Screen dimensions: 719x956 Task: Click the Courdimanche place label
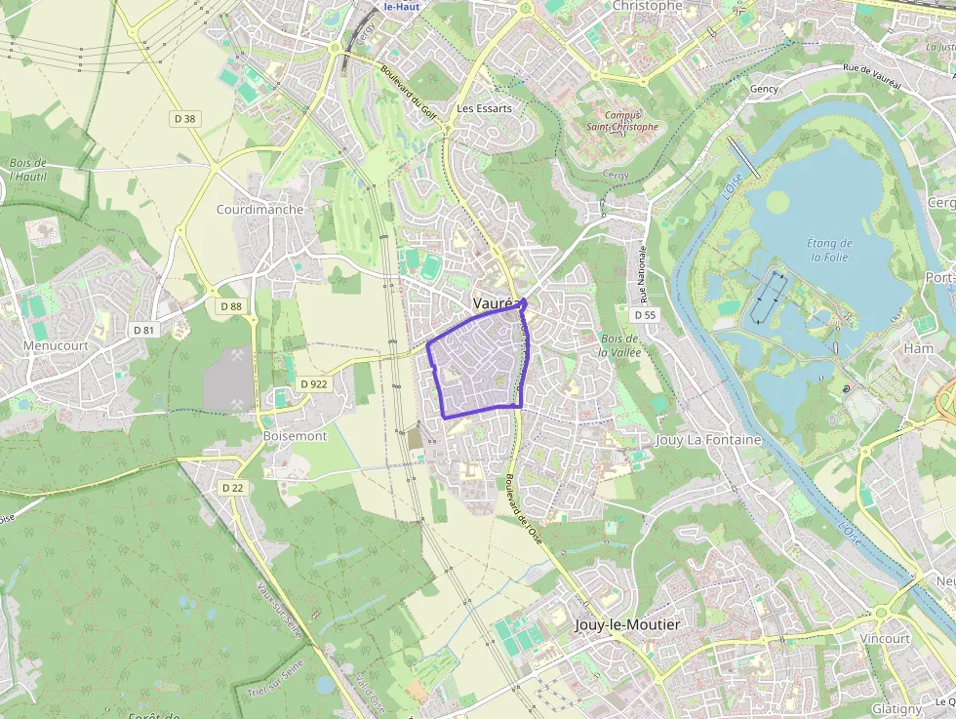tap(259, 210)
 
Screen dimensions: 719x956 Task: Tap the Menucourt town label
tap(57, 345)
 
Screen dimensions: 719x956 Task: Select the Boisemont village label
tap(295, 436)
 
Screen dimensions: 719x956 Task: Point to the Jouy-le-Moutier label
tap(627, 624)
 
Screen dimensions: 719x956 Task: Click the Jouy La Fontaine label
tap(708, 440)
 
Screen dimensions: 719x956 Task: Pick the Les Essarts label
tap(484, 108)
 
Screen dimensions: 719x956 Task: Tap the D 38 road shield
tap(184, 118)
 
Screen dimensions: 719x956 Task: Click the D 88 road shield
tap(230, 306)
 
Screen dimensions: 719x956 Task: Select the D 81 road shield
tap(144, 330)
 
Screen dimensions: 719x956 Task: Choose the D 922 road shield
tap(314, 384)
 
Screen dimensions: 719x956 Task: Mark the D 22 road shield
tap(232, 488)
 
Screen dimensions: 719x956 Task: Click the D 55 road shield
tap(644, 315)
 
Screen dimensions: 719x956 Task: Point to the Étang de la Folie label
tap(830, 250)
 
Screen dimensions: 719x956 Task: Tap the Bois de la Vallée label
tap(617, 344)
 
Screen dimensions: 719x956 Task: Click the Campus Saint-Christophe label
tap(622, 120)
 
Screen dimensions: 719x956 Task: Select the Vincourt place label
tap(885, 638)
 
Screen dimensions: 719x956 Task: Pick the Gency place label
tap(764, 89)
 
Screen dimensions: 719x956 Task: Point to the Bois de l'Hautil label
tap(28, 169)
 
